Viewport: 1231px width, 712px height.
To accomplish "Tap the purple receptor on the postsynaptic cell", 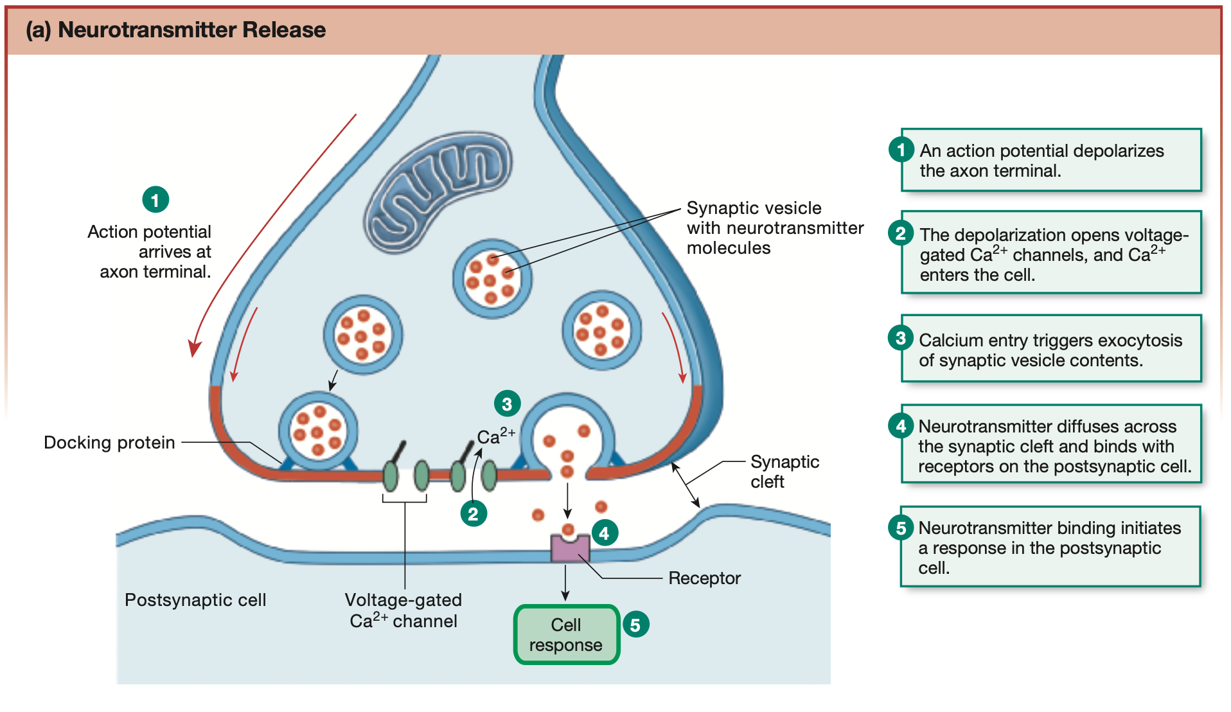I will (570, 549).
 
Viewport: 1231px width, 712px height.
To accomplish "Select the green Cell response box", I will (566, 634).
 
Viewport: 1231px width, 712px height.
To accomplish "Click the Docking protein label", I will (109, 442).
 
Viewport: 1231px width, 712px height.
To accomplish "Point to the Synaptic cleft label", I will (784, 471).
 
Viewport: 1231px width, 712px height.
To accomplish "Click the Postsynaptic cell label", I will (195, 600).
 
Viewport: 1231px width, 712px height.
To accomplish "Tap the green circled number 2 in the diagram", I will (474, 513).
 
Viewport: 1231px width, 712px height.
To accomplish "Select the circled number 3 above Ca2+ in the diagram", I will (507, 404).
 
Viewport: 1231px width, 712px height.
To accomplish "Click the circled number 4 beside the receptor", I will (604, 533).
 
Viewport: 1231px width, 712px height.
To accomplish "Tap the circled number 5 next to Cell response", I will (635, 625).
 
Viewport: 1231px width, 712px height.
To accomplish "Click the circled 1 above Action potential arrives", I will (155, 200).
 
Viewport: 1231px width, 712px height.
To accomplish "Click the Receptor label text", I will (704, 578).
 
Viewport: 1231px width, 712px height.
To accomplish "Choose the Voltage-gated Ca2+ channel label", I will (403, 610).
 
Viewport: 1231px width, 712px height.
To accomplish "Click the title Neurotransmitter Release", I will (191, 30).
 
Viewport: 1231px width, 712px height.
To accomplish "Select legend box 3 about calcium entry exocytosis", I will (1050, 349).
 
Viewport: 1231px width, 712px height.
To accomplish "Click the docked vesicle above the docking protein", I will (318, 430).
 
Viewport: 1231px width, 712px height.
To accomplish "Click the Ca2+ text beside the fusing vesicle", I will (495, 436).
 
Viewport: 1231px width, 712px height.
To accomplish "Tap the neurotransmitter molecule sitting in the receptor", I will (568, 530).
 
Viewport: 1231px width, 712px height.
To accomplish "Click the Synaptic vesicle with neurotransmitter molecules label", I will (774, 227).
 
